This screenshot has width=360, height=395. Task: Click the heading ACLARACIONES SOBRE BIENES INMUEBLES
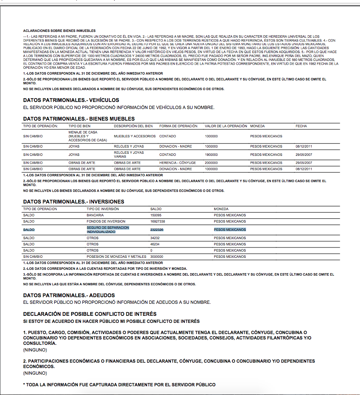[59, 31]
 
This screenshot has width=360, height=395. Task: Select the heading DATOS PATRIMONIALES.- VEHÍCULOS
[71, 100]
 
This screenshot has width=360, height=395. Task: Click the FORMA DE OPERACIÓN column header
[178, 126]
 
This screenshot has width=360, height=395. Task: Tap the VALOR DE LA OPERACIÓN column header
[226, 126]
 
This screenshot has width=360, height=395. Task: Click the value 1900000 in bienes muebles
[211, 155]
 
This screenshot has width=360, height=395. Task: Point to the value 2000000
[211, 163]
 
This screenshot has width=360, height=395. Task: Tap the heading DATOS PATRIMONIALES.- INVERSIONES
[74, 201]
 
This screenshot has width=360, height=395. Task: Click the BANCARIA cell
[95, 215]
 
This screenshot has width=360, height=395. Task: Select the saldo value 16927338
[157, 221]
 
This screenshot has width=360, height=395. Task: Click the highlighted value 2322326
[157, 230]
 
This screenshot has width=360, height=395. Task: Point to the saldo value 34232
[155, 238]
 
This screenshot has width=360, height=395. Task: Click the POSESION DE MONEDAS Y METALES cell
[116, 257]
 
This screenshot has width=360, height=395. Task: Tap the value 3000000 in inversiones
[157, 257]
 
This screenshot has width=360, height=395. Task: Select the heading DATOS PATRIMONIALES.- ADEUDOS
[69, 295]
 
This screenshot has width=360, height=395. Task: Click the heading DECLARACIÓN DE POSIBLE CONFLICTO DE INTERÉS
[90, 314]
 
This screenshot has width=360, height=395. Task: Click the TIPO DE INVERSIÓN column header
[103, 209]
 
